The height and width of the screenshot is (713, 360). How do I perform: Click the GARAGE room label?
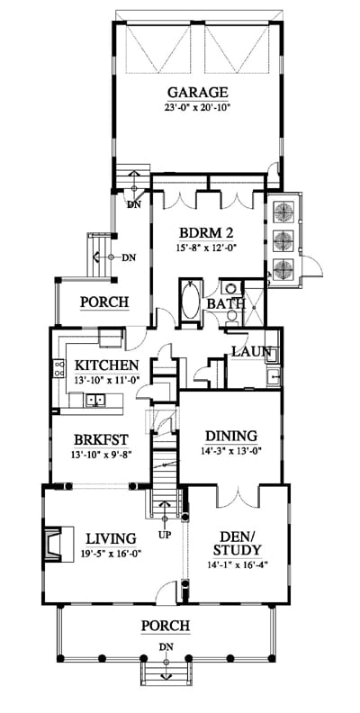(x=198, y=93)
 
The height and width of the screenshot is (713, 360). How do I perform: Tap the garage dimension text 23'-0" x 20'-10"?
(x=198, y=108)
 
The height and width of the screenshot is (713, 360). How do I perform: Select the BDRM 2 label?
(x=206, y=233)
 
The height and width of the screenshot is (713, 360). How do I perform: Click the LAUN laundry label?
(x=252, y=352)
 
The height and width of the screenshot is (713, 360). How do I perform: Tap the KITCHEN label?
(x=106, y=366)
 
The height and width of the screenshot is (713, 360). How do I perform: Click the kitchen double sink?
(x=95, y=400)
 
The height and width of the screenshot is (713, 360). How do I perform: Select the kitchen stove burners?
(x=59, y=369)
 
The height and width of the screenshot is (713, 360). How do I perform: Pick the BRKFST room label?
(x=102, y=440)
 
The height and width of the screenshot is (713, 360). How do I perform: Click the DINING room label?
(x=231, y=437)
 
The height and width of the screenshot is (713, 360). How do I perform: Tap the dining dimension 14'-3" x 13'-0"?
(x=231, y=452)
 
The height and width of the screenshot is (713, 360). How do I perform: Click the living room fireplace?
(x=58, y=545)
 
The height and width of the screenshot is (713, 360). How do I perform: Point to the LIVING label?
(x=111, y=539)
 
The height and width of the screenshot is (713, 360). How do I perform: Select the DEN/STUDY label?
(x=237, y=544)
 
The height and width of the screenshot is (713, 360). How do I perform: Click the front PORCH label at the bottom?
(x=166, y=627)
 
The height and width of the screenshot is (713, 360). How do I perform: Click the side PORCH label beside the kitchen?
(x=104, y=302)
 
